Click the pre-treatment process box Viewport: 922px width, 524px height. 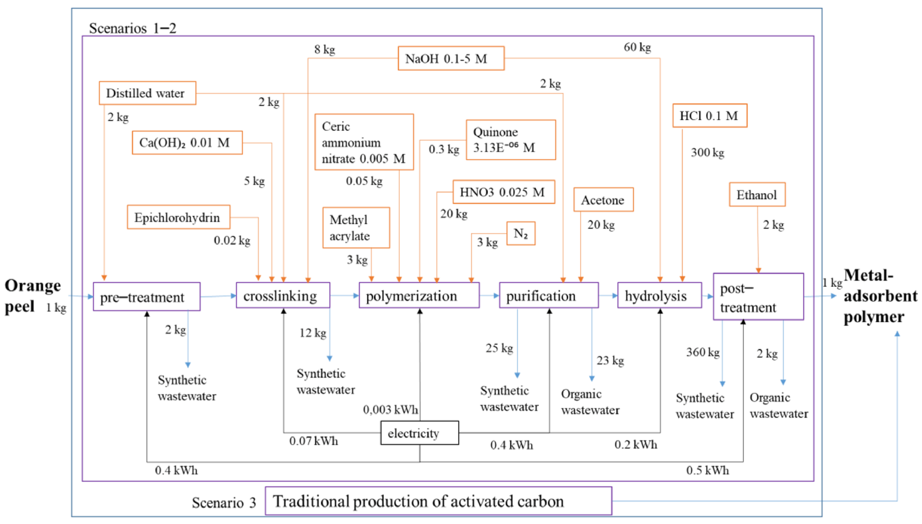click(x=147, y=297)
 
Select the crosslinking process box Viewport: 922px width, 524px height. click(x=283, y=295)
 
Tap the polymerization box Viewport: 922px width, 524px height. click(x=419, y=295)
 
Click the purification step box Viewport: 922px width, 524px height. click(x=548, y=295)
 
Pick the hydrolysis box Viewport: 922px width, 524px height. click(x=659, y=295)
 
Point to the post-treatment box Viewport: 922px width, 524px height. click(x=758, y=297)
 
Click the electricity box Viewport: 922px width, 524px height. click(x=420, y=433)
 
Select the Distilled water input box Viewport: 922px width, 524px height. click(x=147, y=93)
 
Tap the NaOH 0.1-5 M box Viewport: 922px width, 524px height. click(x=451, y=58)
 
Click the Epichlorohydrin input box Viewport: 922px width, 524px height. click(x=178, y=217)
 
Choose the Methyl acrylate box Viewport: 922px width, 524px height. click(x=356, y=227)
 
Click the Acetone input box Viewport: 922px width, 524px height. click(x=603, y=200)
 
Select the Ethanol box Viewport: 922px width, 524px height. click(x=757, y=195)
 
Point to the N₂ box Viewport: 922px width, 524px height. click(x=520, y=234)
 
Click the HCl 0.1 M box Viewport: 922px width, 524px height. click(x=709, y=115)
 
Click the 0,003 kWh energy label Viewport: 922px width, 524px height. click(x=390, y=410)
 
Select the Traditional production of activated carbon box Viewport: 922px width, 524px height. click(x=438, y=501)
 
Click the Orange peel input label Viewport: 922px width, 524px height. click(x=33, y=296)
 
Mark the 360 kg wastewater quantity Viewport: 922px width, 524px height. click(x=703, y=352)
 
